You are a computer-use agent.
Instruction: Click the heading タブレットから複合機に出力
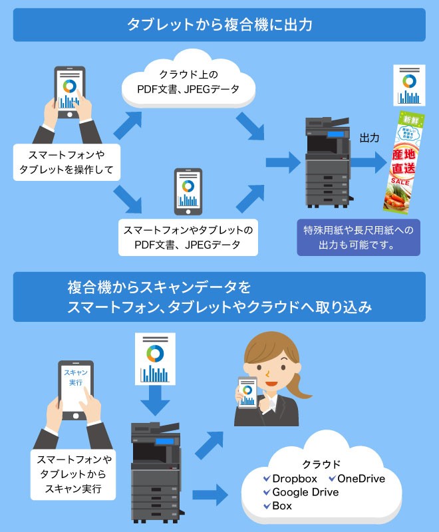coord(219,25)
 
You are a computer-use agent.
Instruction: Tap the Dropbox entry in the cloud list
coord(295,479)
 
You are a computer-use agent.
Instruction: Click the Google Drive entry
coord(305,492)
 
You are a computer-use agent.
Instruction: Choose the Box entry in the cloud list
coord(282,506)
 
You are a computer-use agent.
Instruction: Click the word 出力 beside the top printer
coord(370,138)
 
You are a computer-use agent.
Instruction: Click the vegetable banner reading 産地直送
coord(408,160)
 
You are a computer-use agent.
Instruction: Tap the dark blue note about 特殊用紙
coord(359,237)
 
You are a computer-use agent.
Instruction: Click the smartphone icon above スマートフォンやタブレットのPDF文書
coord(188,192)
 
